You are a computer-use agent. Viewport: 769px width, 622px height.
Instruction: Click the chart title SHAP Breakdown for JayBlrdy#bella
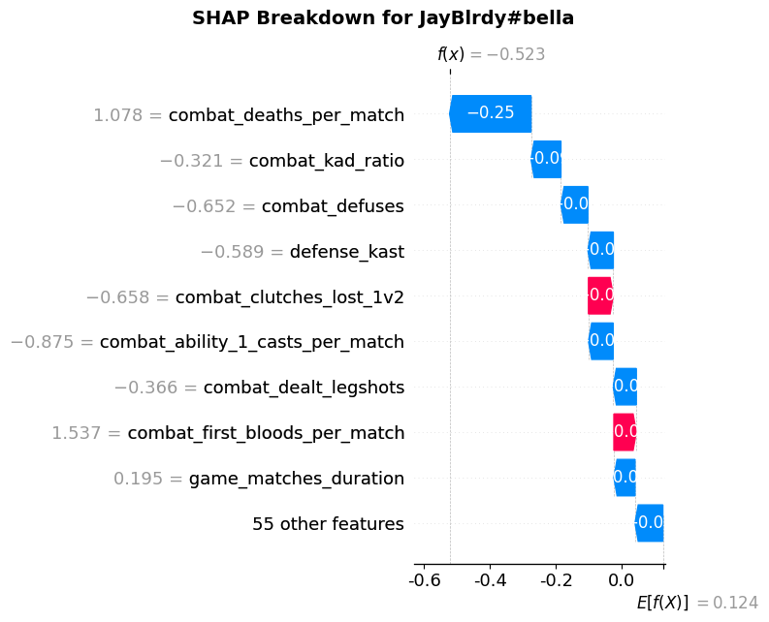click(x=383, y=18)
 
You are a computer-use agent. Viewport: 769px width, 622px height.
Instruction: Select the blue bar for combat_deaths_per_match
click(x=491, y=114)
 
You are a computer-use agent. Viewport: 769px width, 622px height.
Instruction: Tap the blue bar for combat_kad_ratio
click(x=546, y=160)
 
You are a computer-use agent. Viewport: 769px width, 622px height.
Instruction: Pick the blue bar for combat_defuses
click(x=575, y=205)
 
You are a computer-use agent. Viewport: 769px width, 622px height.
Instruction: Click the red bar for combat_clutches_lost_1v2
click(x=600, y=295)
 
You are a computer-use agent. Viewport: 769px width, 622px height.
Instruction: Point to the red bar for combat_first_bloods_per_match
click(x=625, y=432)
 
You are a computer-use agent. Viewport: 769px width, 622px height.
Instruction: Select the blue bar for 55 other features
click(x=650, y=523)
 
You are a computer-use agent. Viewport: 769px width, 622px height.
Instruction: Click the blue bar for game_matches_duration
click(x=625, y=478)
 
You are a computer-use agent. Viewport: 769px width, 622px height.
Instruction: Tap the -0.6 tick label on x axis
click(x=422, y=581)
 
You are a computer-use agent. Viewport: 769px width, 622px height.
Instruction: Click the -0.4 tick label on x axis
click(x=489, y=581)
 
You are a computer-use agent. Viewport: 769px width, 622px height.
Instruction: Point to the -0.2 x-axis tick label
click(x=556, y=581)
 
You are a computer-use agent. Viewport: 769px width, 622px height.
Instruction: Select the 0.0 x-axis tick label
click(x=622, y=581)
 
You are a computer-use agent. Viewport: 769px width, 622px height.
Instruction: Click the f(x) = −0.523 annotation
click(x=491, y=55)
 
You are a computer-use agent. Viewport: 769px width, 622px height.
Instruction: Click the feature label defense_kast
click(x=346, y=252)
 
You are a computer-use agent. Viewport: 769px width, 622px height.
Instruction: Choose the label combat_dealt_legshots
click(x=304, y=388)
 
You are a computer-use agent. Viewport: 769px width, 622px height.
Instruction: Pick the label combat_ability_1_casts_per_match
click(x=252, y=342)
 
